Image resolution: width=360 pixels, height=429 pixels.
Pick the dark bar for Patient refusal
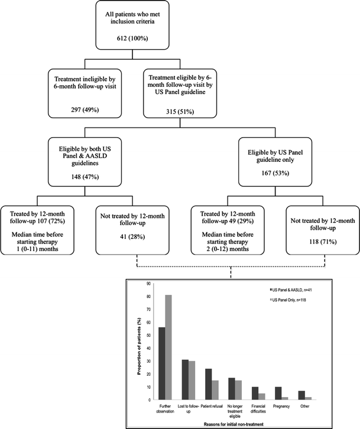208,384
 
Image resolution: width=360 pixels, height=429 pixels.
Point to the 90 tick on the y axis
151,283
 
